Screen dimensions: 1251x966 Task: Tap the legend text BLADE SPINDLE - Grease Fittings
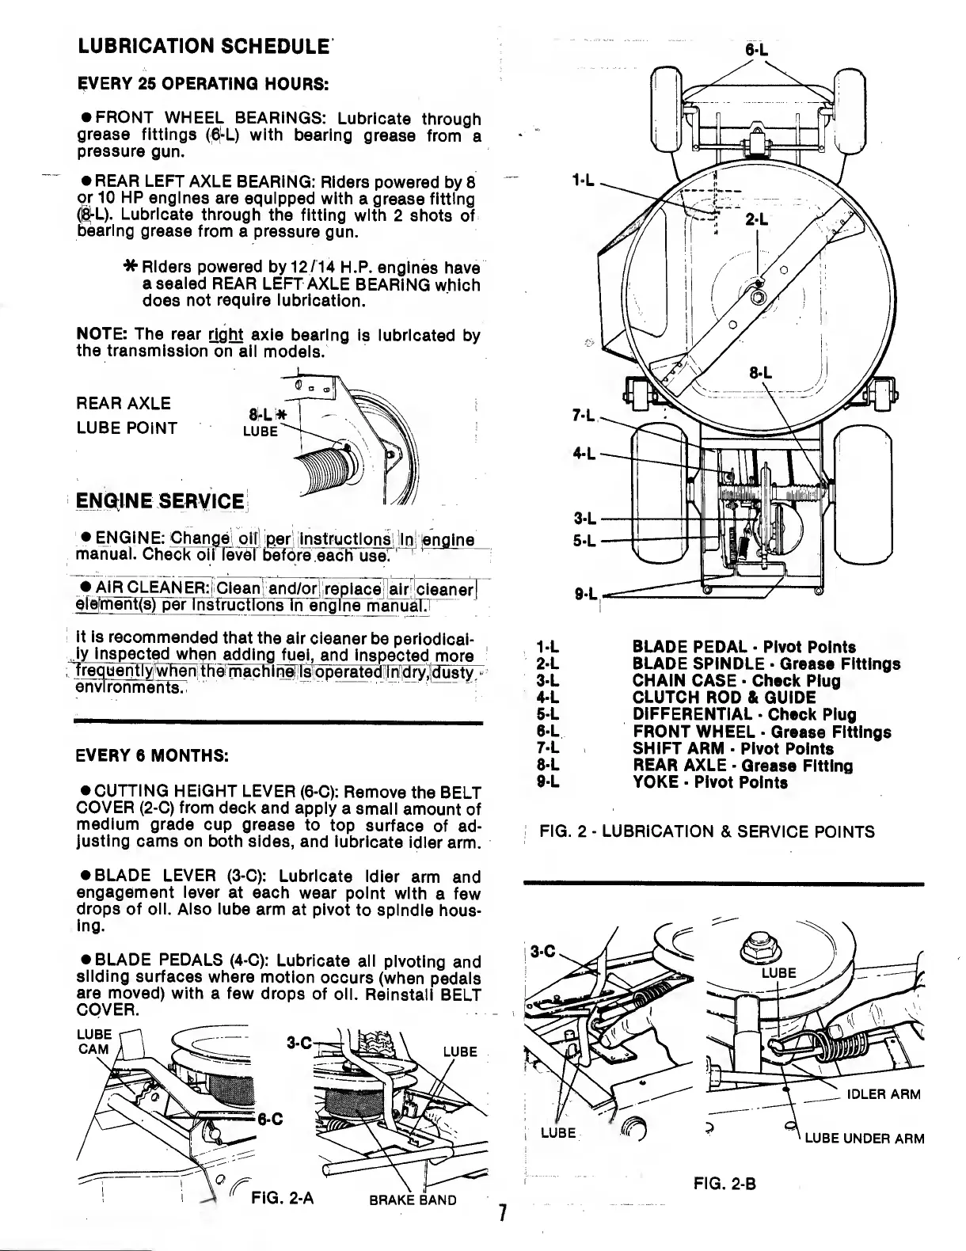tap(766, 664)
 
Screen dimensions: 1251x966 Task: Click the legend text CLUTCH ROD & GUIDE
tap(724, 698)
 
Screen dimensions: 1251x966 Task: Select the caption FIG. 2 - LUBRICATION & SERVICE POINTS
tap(706, 831)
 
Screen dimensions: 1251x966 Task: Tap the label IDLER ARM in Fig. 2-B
tap(884, 1094)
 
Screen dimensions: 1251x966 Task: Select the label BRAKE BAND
tap(413, 1200)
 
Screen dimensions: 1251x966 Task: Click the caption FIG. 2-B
tap(724, 1184)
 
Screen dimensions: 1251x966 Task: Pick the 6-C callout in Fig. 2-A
tap(271, 1119)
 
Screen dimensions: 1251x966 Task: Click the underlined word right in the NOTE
tap(226, 334)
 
